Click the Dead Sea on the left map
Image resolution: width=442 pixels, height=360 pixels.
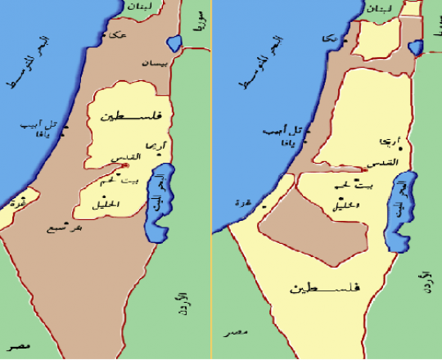(159, 200)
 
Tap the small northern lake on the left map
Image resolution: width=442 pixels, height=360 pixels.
(173, 43)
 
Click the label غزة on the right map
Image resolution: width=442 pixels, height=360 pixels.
(242, 202)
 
